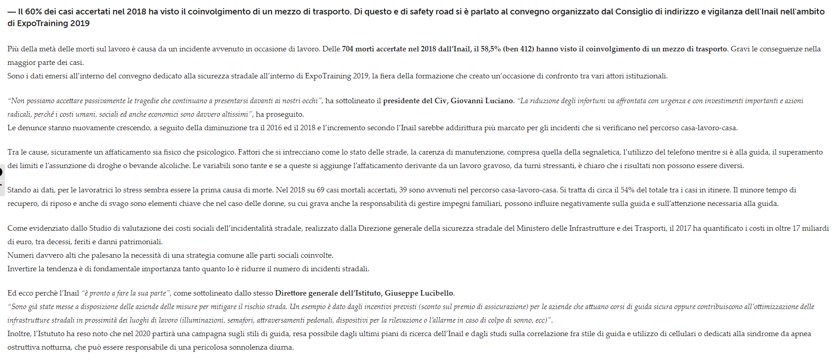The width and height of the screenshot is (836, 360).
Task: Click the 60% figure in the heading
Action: click(x=33, y=12)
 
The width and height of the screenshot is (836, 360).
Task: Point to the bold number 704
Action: click(x=348, y=49)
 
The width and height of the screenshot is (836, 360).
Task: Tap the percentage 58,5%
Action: click(x=491, y=49)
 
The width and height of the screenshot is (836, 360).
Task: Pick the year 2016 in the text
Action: click(x=274, y=128)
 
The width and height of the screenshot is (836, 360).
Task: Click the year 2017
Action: click(x=683, y=228)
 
